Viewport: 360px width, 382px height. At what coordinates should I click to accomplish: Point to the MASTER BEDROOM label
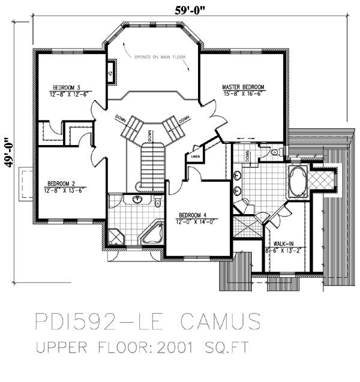(243, 87)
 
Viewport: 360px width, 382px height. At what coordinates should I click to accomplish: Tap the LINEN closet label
(195, 157)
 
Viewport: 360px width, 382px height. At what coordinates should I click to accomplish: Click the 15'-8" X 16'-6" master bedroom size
(243, 94)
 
